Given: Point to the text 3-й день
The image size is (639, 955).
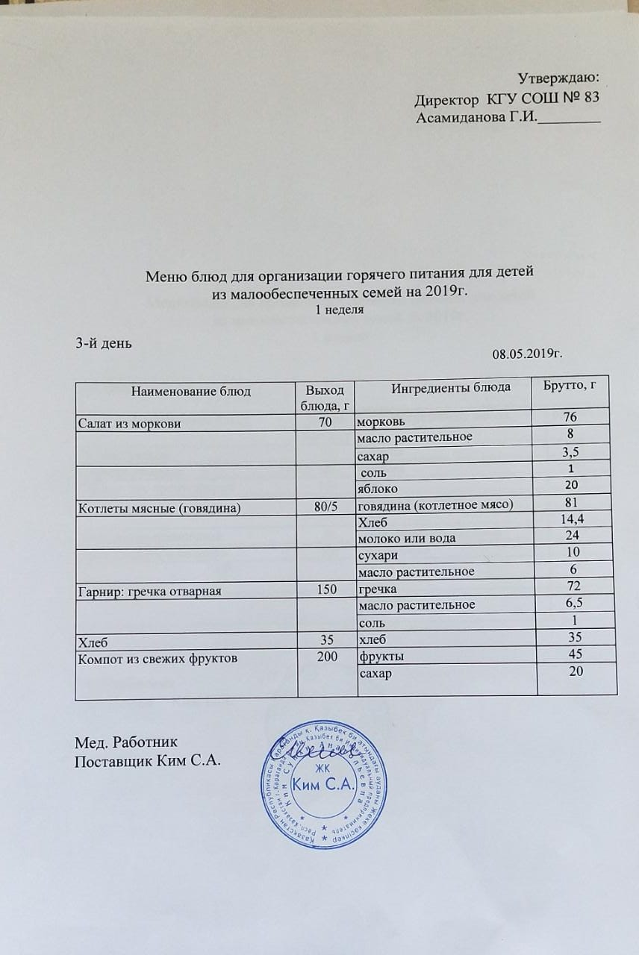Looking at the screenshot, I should (104, 342).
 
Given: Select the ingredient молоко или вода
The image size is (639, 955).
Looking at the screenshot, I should (408, 539).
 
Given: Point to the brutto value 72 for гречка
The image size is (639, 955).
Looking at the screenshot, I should (574, 586).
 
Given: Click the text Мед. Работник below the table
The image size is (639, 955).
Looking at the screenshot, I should (126, 743).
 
